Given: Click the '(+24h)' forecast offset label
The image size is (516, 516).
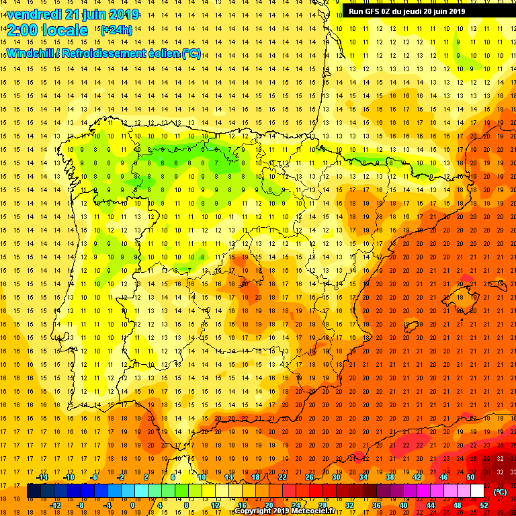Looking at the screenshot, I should click(116, 30).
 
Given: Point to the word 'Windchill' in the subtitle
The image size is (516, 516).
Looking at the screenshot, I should click(30, 53).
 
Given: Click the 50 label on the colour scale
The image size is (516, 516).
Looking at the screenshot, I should click(470, 477).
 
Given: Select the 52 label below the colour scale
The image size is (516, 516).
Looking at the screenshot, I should click(484, 505).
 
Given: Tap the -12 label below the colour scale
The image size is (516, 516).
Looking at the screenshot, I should click(55, 505).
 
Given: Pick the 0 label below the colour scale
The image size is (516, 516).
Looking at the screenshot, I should click(132, 505).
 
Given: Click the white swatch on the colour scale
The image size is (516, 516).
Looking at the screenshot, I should click(477, 491).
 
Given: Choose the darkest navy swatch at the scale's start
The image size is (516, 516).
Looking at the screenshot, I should click(34, 491).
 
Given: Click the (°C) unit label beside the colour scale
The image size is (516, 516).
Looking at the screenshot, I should click(500, 491).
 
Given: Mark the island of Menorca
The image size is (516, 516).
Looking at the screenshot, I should click(499, 285).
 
